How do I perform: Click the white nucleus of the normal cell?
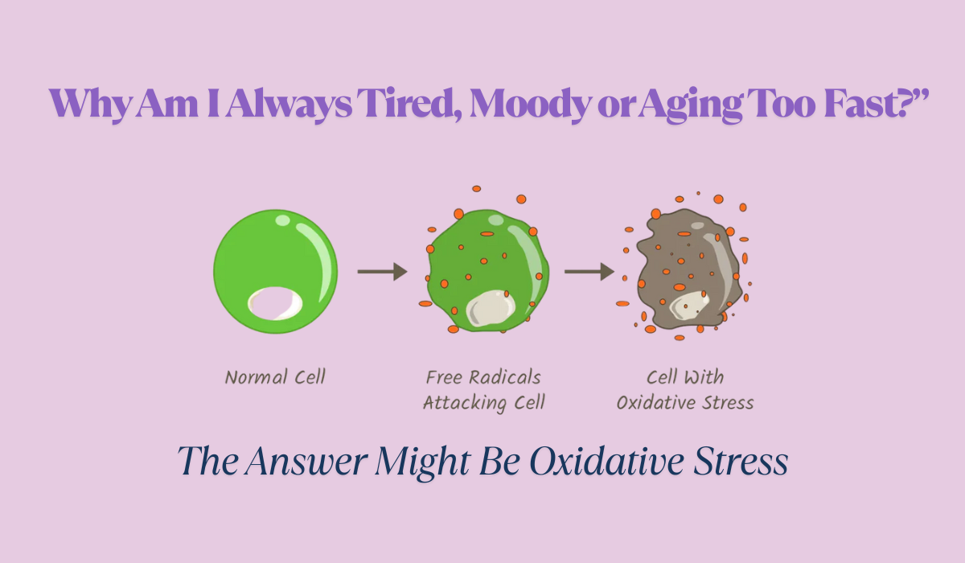point(275,304)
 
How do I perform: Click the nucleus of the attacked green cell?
point(491,308)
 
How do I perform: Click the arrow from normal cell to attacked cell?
point(383,271)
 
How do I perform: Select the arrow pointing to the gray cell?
point(589,271)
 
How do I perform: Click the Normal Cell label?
point(275,377)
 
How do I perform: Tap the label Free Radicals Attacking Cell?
point(484,390)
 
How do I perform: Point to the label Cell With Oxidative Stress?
point(685,390)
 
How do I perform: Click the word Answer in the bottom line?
point(306,462)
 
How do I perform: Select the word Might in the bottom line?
point(422,463)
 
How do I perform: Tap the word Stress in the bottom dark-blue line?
point(741,462)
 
